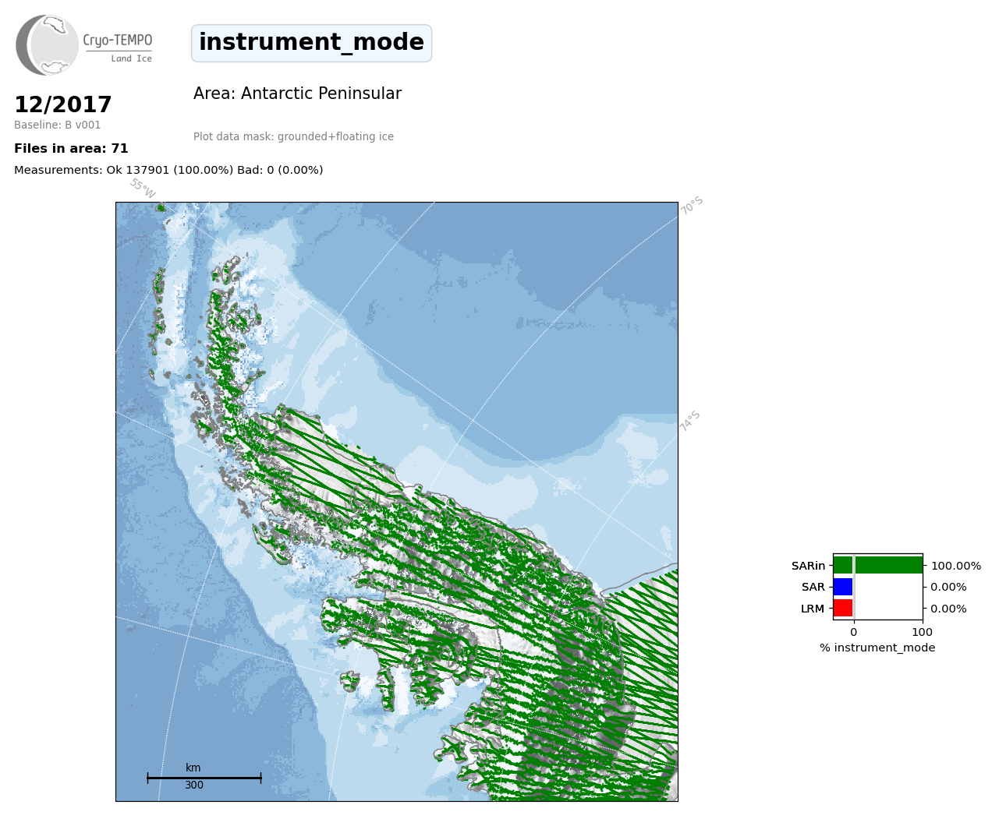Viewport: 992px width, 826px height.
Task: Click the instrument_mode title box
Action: click(311, 43)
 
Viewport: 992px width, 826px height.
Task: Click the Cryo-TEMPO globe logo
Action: click(47, 44)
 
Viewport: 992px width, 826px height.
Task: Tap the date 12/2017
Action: click(62, 104)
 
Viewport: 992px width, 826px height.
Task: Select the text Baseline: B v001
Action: click(58, 125)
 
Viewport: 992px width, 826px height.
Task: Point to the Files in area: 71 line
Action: click(71, 149)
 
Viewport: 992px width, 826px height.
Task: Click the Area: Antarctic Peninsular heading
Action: click(297, 94)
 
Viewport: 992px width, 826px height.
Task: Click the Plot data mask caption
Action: click(293, 136)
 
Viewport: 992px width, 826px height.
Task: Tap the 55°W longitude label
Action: click(143, 189)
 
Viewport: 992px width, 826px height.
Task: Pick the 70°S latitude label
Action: click(691, 205)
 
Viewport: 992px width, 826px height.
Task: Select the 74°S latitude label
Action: click(689, 421)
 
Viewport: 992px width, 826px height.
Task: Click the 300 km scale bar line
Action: click(204, 778)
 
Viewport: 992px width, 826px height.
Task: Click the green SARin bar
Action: click(878, 565)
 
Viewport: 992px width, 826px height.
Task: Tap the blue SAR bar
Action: click(843, 587)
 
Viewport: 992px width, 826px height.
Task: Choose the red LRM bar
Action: click(843, 608)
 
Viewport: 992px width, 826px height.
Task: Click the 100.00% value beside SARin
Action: click(956, 566)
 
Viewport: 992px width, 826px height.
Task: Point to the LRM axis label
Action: click(813, 609)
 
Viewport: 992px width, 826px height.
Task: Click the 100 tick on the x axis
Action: click(922, 632)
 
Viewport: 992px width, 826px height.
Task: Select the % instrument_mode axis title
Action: click(877, 648)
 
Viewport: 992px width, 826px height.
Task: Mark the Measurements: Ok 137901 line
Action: click(168, 170)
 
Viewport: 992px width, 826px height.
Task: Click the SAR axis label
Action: click(813, 588)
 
